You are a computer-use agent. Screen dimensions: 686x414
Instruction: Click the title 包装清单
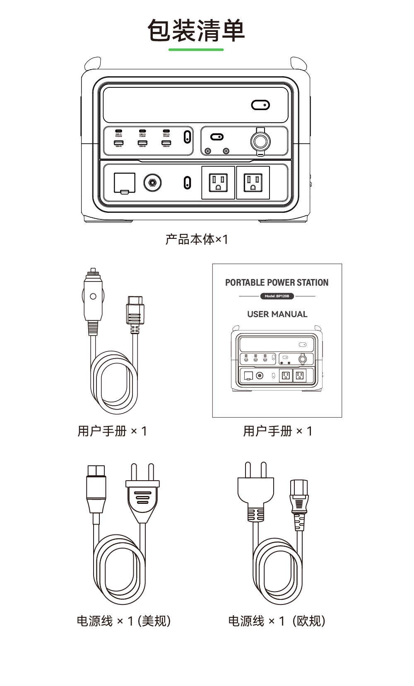click(x=196, y=31)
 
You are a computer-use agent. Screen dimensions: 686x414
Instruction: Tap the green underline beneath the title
click(x=196, y=50)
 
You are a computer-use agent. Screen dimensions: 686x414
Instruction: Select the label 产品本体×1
click(x=197, y=239)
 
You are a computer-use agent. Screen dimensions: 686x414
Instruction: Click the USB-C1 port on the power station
click(x=119, y=131)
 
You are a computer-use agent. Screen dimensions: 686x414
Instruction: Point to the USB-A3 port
click(x=166, y=143)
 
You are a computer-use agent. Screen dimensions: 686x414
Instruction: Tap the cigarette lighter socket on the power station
click(x=260, y=142)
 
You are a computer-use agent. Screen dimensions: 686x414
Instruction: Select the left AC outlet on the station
click(x=218, y=183)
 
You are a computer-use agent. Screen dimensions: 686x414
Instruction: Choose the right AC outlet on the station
click(x=253, y=183)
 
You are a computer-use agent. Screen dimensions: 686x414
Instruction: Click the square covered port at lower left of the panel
click(x=124, y=183)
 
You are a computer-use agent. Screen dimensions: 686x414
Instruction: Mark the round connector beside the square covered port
click(x=152, y=183)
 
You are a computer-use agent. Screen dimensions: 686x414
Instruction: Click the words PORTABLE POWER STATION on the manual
click(x=277, y=283)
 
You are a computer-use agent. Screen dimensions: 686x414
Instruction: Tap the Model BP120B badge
click(x=277, y=296)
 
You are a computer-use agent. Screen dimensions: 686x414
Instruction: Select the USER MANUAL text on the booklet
click(x=277, y=314)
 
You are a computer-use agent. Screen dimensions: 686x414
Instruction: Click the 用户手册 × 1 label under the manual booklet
click(x=277, y=431)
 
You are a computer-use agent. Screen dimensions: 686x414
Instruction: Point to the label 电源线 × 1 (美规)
click(x=123, y=621)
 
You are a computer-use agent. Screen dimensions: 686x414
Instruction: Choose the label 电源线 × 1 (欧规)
click(x=277, y=621)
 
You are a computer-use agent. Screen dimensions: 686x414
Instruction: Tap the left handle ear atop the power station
click(x=92, y=64)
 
